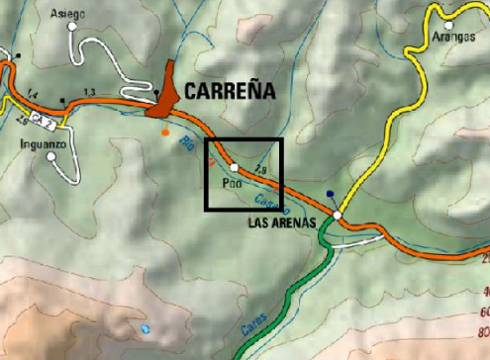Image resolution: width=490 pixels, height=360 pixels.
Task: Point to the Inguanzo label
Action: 43,141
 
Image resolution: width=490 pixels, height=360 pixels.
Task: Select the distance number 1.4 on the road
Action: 32,93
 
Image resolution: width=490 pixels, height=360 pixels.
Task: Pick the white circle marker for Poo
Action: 234,168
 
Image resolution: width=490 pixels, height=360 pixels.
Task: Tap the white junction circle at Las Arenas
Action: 338,215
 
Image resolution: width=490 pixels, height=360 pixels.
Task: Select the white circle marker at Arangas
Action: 449,23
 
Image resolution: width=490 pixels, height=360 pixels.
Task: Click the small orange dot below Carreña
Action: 165,131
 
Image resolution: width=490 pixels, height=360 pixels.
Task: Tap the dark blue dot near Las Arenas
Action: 329,194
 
